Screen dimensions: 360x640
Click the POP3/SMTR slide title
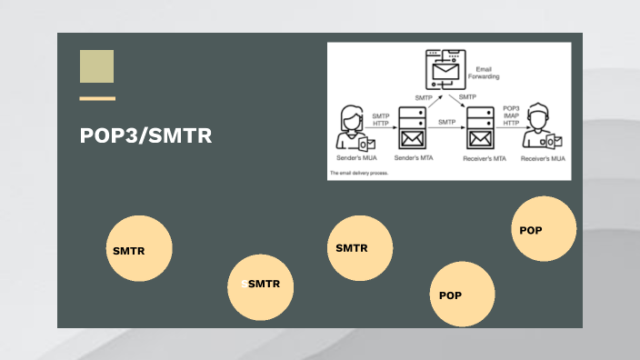145,136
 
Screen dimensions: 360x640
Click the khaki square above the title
96,66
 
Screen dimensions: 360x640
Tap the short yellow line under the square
96,98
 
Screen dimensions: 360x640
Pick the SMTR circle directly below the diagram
359,248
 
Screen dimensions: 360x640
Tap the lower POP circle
462,294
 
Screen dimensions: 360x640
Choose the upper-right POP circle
544,228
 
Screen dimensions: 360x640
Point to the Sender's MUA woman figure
352,128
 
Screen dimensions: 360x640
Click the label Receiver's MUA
543,158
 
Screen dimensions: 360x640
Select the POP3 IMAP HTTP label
512,116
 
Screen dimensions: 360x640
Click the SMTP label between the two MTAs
446,121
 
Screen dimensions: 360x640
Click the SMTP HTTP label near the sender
380,119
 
